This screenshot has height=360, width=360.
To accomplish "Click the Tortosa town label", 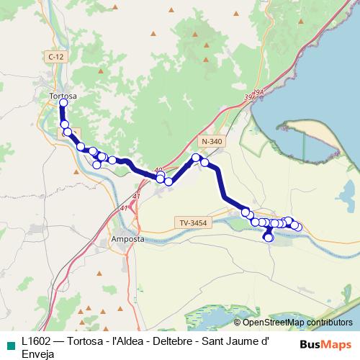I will pos(63,95).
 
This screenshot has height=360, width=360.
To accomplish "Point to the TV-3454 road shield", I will pos(195,223).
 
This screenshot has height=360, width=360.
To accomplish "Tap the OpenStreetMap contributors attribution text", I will pos(293,323).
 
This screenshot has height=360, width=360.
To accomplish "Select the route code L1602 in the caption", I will pos(37,342).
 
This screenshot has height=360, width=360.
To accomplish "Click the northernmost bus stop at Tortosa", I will pos(63,104).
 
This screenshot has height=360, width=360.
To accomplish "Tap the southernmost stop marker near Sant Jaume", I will pos(269,238).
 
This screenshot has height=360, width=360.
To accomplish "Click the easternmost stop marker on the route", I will pos(297,228).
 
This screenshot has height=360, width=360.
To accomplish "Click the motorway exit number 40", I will pos(158,171).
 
